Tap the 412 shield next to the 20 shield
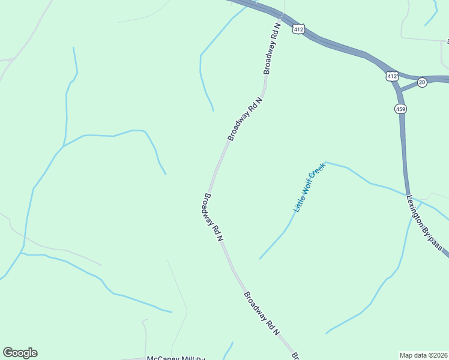pyautogui.click(x=391, y=76)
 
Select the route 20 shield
pyautogui.click(x=422, y=82)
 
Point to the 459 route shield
pyautogui.click(x=400, y=109)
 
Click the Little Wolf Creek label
pyautogui.click(x=309, y=188)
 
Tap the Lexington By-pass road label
pyautogui.click(x=424, y=223)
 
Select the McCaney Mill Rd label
pyautogui.click(x=176, y=358)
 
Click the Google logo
pyautogui.click(x=20, y=353)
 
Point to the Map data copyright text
pyautogui.click(x=423, y=355)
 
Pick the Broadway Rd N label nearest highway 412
pyautogui.click(x=272, y=49)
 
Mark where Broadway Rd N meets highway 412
pyautogui.click(x=282, y=16)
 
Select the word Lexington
pyautogui.click(x=415, y=209)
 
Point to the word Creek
pyautogui.click(x=319, y=173)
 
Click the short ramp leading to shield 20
pyautogui.click(x=409, y=85)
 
